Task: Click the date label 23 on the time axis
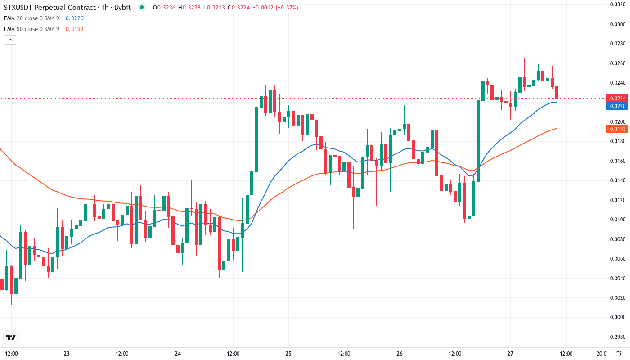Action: tap(67, 353)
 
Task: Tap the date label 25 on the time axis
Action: tap(288, 353)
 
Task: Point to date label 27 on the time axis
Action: tap(510, 353)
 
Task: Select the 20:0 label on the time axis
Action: tap(600, 353)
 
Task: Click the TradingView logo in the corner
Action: tap(11, 337)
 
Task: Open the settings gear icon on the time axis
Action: tap(619, 353)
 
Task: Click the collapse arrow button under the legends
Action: tap(10, 40)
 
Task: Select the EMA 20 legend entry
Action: tap(31, 18)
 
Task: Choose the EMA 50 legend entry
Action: tap(31, 29)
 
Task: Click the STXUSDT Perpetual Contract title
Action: tap(52, 8)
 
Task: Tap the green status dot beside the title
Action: tap(142, 8)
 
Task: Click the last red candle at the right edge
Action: tap(557, 92)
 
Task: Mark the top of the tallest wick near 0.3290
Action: tap(534, 35)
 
